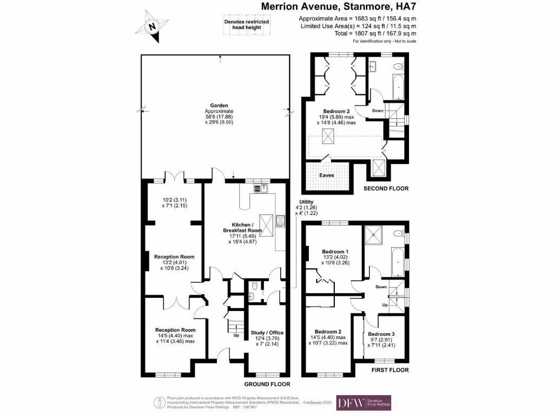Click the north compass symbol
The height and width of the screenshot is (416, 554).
pyautogui.click(x=152, y=25)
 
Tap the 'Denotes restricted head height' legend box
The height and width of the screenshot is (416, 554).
pyautogui.click(x=246, y=25)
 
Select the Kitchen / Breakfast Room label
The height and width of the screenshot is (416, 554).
pyautogui.click(x=242, y=227)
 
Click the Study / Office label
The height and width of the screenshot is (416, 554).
pyautogui.click(x=267, y=333)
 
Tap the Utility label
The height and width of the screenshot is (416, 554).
pyautogui.click(x=307, y=201)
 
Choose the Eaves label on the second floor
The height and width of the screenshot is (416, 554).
pyautogui.click(x=326, y=175)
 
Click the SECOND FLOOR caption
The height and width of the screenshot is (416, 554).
pyautogui.click(x=385, y=188)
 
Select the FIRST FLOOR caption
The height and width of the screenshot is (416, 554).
pyautogui.click(x=389, y=370)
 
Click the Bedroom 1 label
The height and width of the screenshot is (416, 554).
pyautogui.click(x=335, y=251)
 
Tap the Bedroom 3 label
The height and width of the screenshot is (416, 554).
pyautogui.click(x=381, y=334)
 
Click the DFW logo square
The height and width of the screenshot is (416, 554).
pyautogui.click(x=348, y=402)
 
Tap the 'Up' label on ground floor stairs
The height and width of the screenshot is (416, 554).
pyautogui.click(x=235, y=335)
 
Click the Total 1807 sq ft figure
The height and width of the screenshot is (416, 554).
pyautogui.click(x=357, y=34)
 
